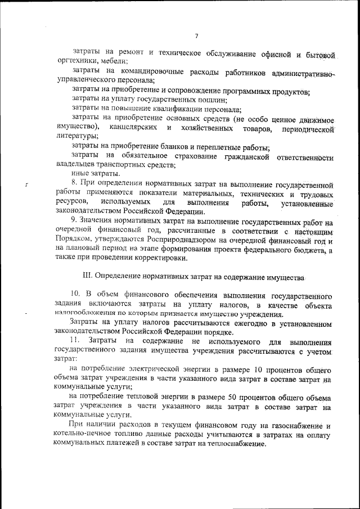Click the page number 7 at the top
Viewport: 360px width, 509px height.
point(196,37)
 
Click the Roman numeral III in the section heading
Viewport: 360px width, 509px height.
point(87,277)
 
